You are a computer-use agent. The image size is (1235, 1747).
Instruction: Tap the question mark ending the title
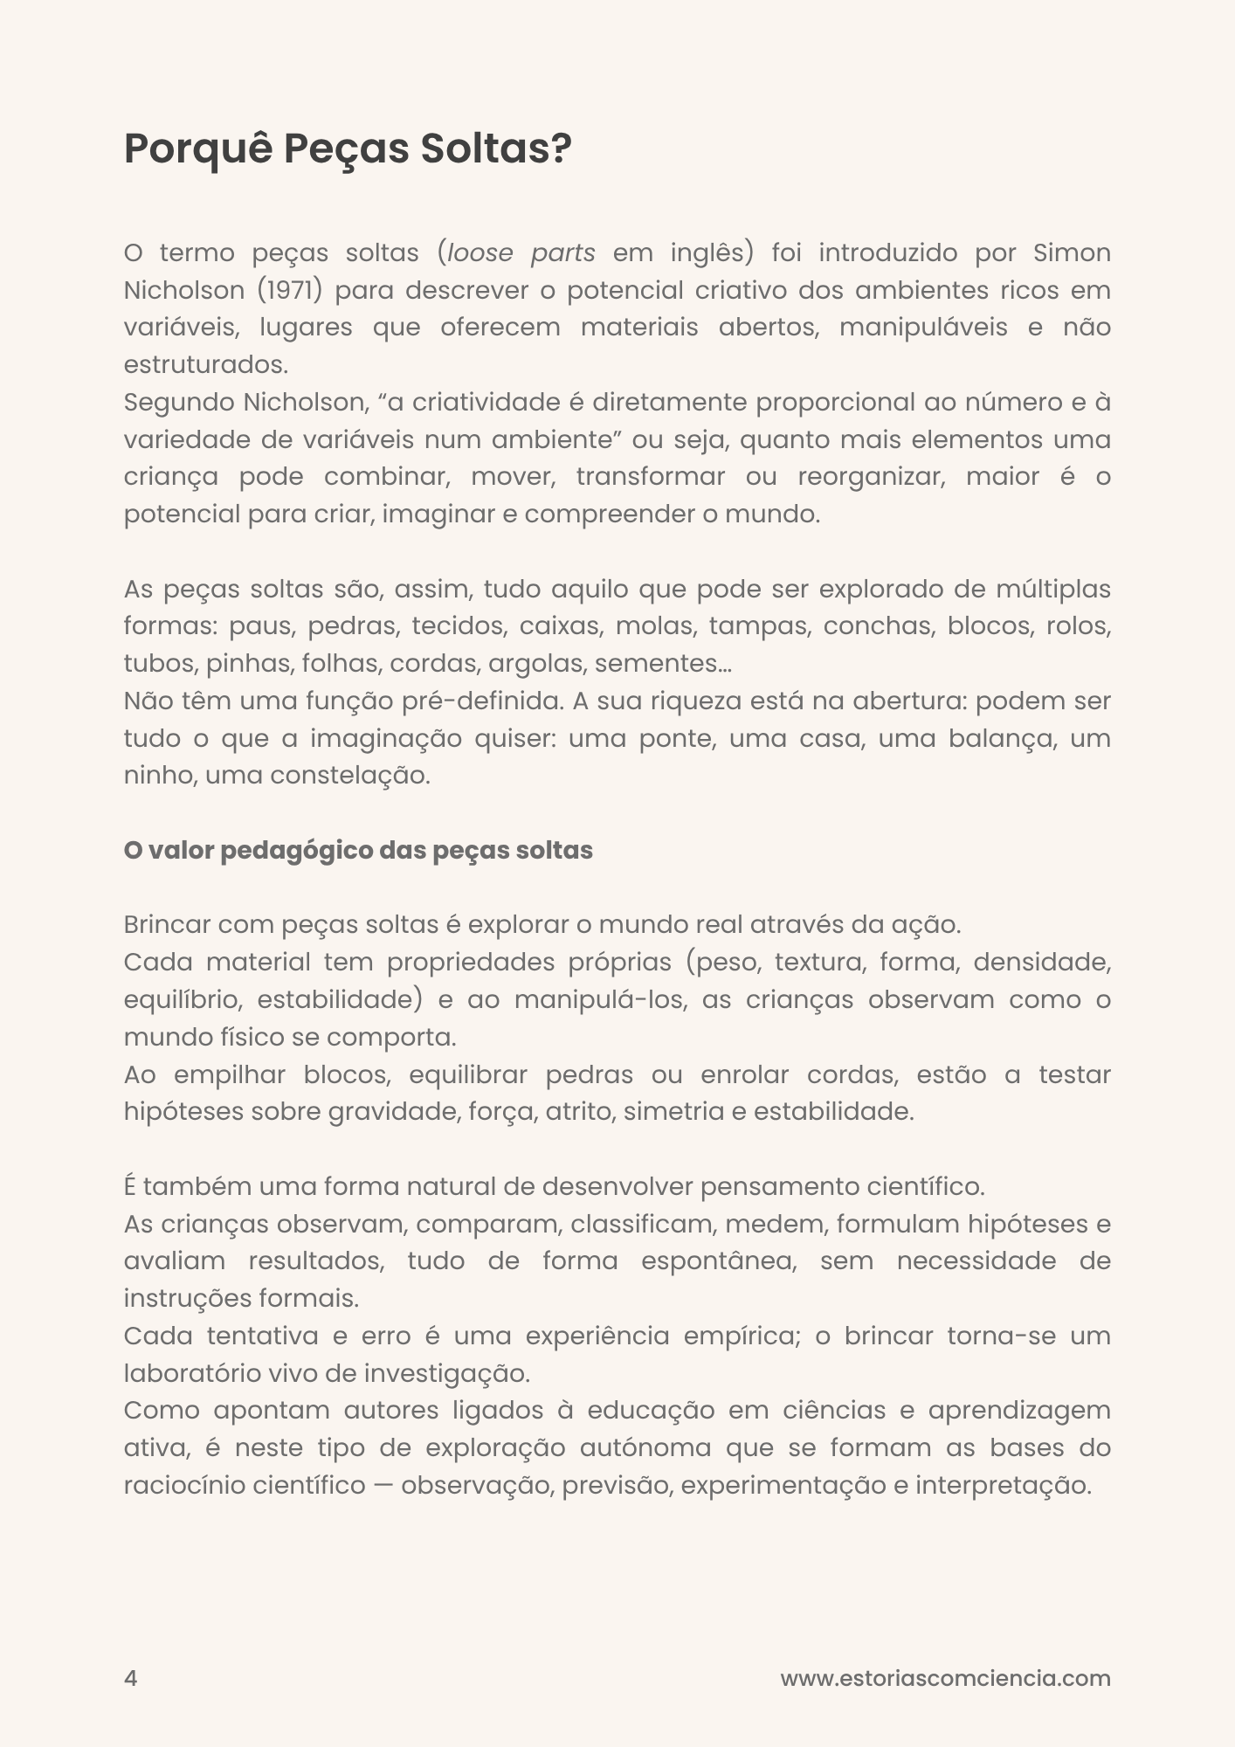pyautogui.click(x=561, y=149)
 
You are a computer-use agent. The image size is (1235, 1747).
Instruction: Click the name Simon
pyautogui.click(x=1072, y=253)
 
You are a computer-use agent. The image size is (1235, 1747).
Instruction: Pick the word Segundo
pyautogui.click(x=179, y=403)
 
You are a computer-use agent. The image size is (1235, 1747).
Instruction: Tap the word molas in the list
pyautogui.click(x=656, y=626)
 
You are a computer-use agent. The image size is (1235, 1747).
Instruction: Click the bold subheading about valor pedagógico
pyautogui.click(x=358, y=851)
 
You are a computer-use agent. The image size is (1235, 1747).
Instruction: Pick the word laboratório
pyautogui.click(x=192, y=1373)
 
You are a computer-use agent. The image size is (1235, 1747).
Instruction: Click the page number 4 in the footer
pyautogui.click(x=131, y=1679)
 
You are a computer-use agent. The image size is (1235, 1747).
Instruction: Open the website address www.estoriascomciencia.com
pyautogui.click(x=945, y=1679)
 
